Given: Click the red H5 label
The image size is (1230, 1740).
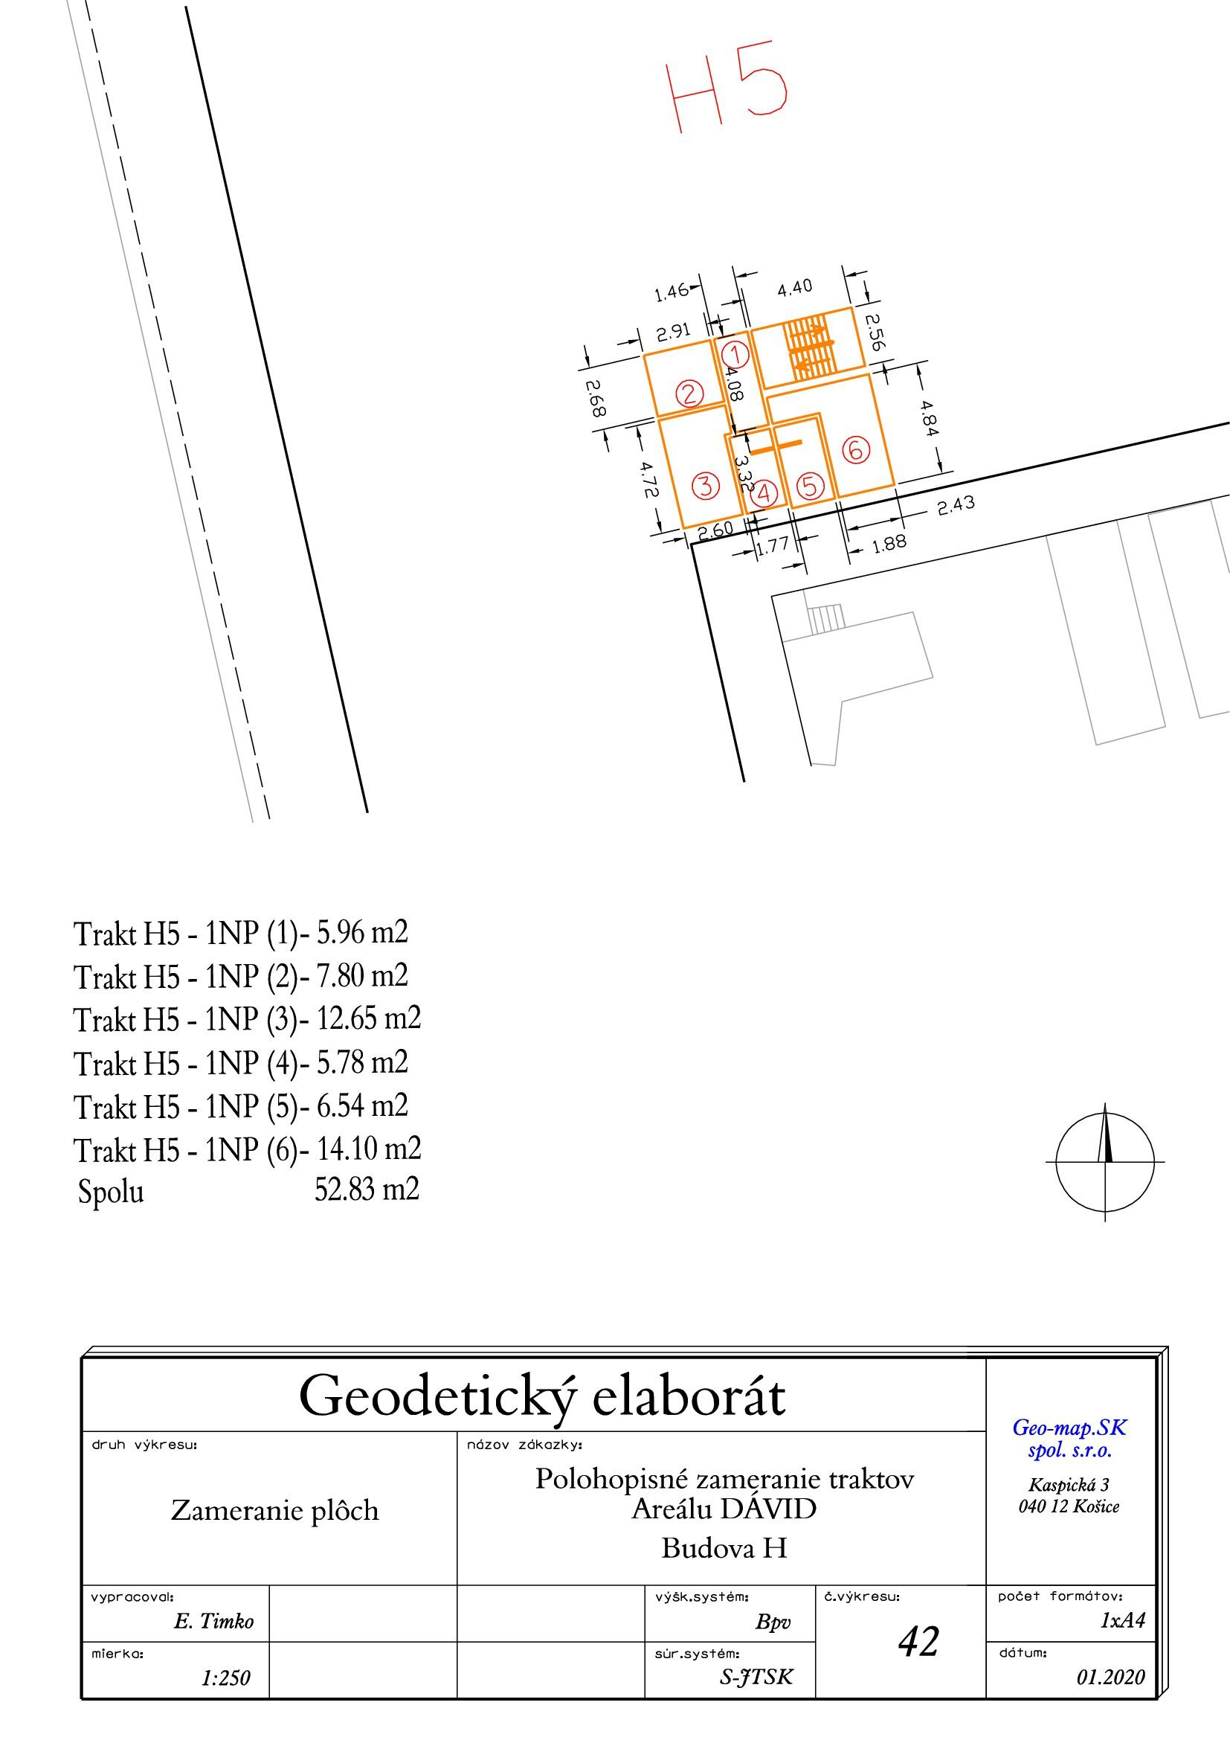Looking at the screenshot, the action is (x=727, y=87).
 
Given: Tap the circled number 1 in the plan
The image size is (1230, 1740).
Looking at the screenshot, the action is (x=735, y=354).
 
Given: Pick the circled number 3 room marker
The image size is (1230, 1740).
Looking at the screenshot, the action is (x=706, y=485).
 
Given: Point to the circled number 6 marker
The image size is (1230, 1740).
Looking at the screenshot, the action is (x=855, y=449).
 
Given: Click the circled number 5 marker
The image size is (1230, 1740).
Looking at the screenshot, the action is (x=811, y=485).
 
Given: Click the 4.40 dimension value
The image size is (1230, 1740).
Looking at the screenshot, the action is (x=794, y=286).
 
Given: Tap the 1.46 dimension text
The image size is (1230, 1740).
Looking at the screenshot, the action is (x=672, y=292).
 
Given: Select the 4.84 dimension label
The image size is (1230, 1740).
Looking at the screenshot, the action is (x=930, y=417).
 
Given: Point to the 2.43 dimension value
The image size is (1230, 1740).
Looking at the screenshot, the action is (x=956, y=504).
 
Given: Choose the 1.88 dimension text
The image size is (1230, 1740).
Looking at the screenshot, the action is (x=889, y=542).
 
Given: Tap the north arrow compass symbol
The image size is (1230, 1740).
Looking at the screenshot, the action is (x=1106, y=1161).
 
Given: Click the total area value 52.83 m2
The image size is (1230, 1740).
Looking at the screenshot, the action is (x=367, y=1189).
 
